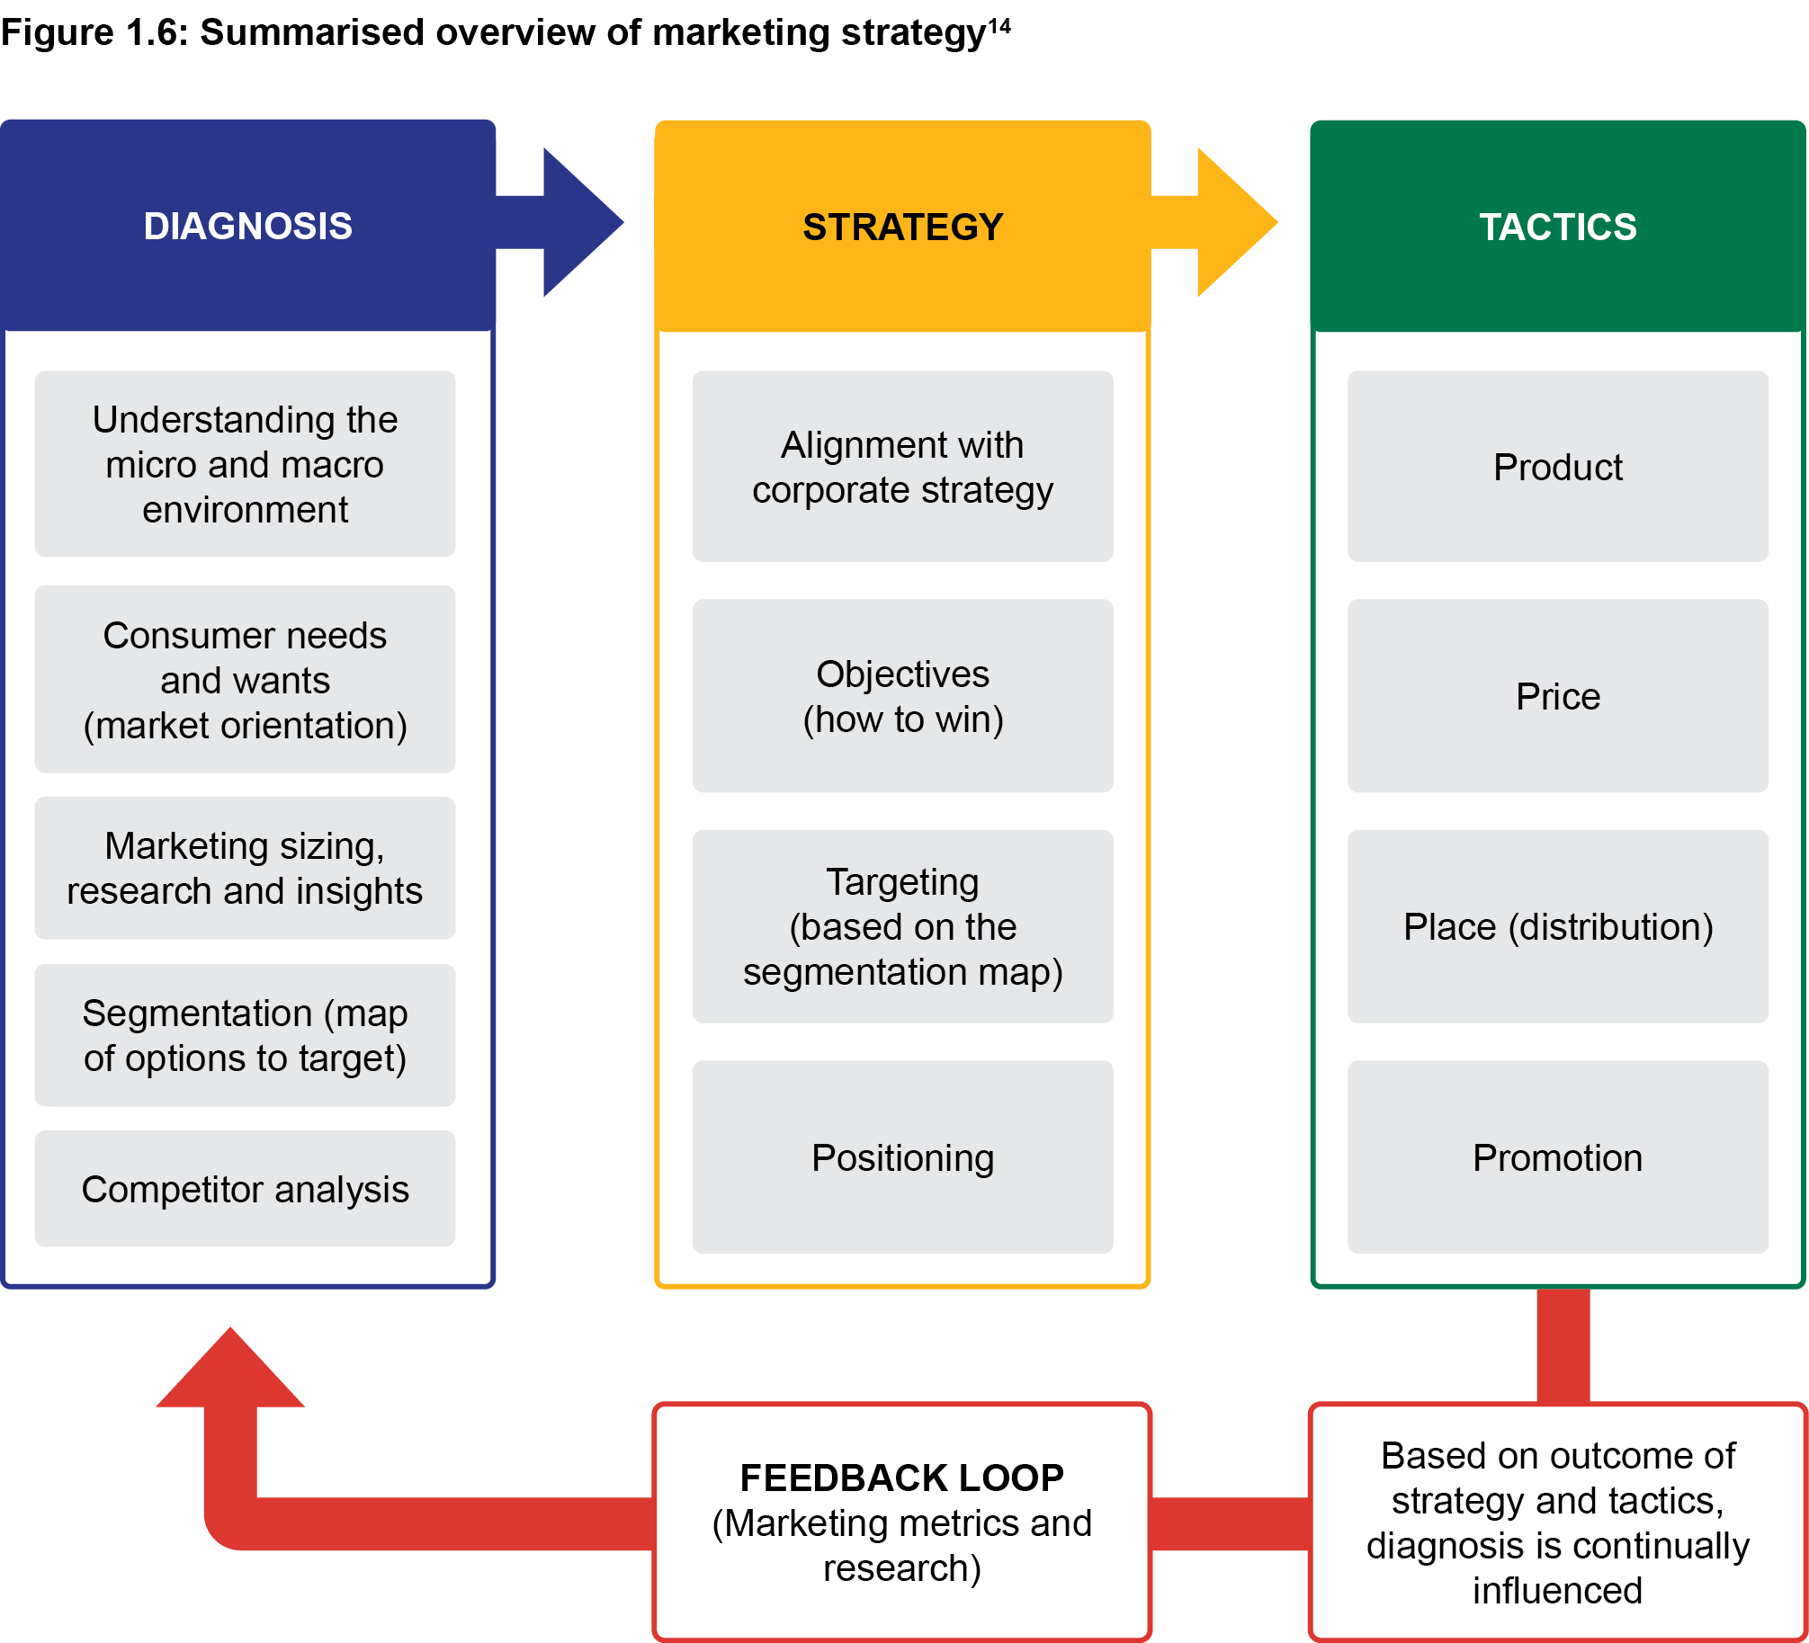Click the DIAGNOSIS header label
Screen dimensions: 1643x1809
247,226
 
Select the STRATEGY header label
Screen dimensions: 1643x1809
902,227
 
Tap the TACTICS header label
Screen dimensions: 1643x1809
1558,227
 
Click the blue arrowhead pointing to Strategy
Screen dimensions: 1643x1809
580,222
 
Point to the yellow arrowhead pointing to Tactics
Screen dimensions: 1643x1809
1234,222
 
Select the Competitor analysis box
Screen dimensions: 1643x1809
245,1189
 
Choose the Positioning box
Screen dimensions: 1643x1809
902,1157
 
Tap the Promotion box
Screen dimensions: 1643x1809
1557,1157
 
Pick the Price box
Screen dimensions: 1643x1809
1557,696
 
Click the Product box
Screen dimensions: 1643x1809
1557,467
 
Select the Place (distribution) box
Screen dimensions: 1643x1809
1557,926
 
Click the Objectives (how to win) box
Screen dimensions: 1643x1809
902,696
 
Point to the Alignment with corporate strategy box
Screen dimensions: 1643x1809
902,467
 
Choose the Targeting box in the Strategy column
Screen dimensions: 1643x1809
902,926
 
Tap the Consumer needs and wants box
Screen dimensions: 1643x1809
245,680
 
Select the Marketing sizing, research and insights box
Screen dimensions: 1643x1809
245,868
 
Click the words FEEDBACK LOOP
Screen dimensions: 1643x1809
901,1478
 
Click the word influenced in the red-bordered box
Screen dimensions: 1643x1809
1557,1590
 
